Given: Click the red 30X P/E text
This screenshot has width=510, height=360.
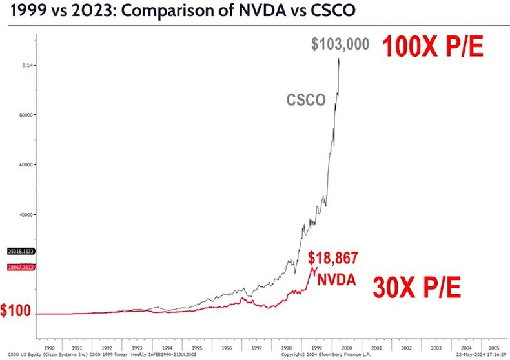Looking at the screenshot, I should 418,287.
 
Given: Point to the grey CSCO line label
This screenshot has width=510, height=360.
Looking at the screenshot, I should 306,100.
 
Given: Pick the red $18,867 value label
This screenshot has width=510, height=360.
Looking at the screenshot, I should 332,259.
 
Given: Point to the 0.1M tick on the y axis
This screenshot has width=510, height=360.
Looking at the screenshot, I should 28,65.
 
